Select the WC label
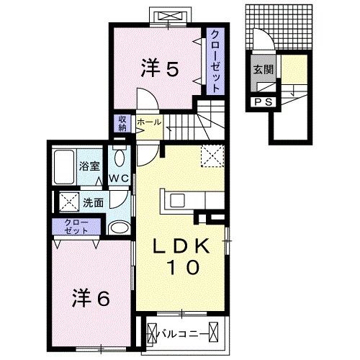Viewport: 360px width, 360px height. pos(118,178)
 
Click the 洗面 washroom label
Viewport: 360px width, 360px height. pos(94,202)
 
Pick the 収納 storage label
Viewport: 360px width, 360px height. pos(122,124)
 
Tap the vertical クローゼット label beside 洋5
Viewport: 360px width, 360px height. pos(214,61)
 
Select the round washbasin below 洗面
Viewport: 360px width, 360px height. pos(117,228)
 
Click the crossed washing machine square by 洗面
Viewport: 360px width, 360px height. pos(68,202)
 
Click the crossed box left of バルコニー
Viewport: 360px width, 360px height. pos(152,333)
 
